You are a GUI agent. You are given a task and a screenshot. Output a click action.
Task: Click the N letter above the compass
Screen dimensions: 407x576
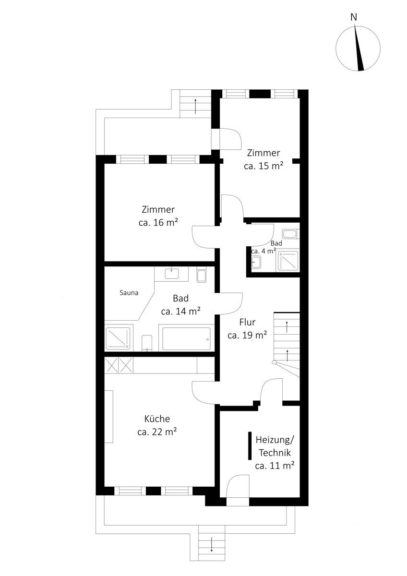[354, 17]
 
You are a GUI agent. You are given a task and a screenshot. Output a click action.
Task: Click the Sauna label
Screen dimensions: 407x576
[129, 293]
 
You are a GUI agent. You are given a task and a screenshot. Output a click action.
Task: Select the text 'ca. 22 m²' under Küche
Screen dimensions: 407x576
[157, 432]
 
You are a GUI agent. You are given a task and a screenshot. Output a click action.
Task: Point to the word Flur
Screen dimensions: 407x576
[247, 322]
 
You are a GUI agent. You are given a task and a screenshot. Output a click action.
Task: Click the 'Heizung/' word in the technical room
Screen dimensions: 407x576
[275, 440]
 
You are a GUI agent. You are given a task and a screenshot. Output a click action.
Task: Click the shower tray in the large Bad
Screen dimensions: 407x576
[118, 339]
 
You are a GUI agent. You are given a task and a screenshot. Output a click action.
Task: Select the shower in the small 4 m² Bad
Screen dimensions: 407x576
[288, 262]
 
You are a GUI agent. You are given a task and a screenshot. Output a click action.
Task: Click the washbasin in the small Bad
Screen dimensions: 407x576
[256, 262]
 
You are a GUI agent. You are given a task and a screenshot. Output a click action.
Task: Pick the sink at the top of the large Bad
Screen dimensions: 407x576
[171, 273]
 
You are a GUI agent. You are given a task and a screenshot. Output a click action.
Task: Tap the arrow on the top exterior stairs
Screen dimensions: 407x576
[196, 106]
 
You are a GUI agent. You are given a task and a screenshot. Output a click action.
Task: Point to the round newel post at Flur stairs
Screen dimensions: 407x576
[275, 362]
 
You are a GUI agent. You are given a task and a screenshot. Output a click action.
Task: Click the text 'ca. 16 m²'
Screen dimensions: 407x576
[158, 222]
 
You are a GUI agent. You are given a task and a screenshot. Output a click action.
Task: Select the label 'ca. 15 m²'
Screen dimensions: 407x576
[263, 166]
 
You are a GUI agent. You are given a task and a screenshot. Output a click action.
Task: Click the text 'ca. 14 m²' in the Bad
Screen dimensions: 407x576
[181, 311]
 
